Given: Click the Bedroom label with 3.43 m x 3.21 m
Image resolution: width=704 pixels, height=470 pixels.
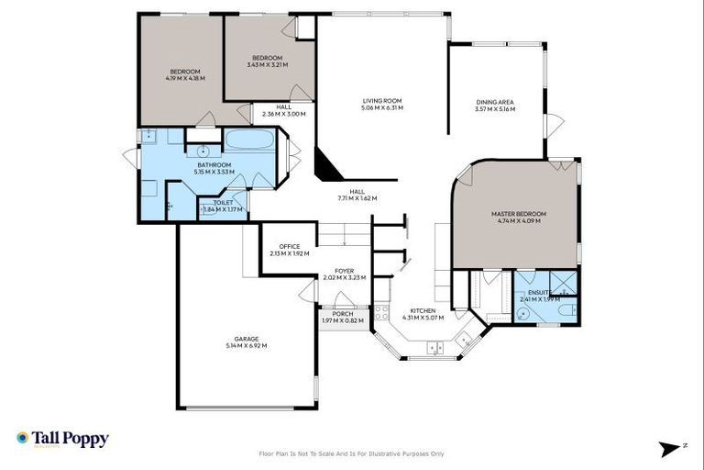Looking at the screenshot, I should pos(267,62).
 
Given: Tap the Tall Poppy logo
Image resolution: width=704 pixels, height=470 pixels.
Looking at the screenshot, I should pos(62,439).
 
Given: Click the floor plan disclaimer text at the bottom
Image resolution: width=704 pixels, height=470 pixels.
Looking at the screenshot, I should pos(352,453).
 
